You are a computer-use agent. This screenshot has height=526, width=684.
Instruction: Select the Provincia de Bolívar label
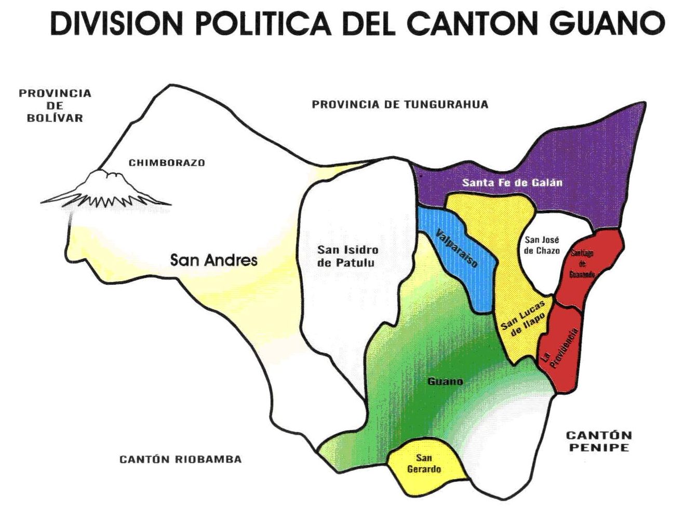(55, 105)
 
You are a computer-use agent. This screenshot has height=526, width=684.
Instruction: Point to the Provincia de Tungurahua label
(400, 104)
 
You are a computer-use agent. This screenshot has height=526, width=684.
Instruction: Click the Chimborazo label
(167, 163)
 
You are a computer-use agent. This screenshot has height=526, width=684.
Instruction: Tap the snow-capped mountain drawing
(106, 190)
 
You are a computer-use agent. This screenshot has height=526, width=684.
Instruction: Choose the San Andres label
(213, 259)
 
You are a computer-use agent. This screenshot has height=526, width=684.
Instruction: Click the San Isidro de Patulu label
(347, 256)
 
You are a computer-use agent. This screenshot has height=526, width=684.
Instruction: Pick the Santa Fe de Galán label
(512, 183)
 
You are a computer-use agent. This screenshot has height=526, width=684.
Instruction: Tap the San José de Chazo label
(542, 245)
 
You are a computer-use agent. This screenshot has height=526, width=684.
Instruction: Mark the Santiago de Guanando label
(582, 263)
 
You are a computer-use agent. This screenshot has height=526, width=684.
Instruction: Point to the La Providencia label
(559, 346)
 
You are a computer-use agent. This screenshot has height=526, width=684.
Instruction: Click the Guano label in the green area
(445, 381)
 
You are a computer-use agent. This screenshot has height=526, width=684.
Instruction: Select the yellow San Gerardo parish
(424, 464)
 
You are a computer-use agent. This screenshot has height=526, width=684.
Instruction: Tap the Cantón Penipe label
(599, 441)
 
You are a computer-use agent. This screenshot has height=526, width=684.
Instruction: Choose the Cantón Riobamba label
(180, 459)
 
